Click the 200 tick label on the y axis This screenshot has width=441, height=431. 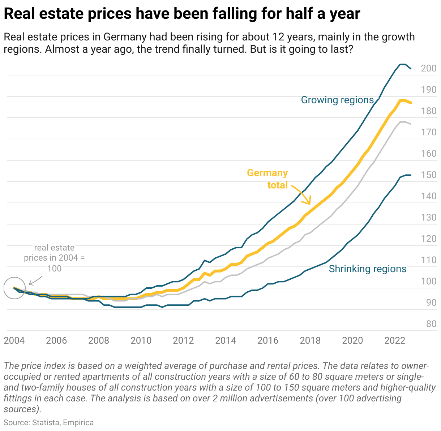429,68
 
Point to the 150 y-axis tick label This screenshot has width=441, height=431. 429,175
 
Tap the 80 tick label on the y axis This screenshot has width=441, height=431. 431,324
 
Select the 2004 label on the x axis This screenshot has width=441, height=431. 14,340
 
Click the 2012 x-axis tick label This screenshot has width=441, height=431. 183,340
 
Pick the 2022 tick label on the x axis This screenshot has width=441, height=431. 395,340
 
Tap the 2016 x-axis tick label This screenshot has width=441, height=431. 268,340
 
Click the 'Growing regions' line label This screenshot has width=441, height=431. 337,100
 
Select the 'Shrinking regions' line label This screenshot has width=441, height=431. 367,269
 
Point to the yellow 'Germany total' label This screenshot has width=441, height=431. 267,179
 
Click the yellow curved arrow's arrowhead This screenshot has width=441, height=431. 309,203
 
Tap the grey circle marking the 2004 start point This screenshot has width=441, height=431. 14,288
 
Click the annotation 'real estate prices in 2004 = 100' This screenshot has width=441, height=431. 54,258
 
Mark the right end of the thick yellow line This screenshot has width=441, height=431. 411,103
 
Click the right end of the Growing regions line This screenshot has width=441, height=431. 411,69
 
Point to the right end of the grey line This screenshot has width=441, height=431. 411,124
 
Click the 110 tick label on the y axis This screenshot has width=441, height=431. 429,260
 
